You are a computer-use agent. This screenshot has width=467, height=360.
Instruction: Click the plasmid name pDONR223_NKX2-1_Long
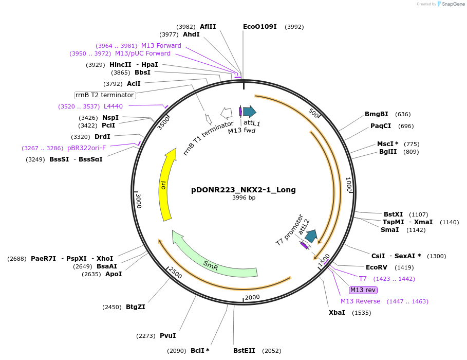243,190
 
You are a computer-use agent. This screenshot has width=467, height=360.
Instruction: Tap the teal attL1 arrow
250,112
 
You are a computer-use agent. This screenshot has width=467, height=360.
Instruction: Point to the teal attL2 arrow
311,236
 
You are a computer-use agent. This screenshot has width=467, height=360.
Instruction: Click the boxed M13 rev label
363,290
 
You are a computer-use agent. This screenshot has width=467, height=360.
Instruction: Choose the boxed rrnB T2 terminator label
105,95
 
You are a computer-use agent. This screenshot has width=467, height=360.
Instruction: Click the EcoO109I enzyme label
259,27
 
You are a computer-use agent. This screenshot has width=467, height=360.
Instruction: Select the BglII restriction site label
388,152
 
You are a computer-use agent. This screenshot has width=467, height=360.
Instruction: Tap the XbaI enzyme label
337,312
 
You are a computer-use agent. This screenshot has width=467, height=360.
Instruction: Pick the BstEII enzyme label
244,351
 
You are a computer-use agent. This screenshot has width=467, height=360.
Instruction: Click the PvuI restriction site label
168,336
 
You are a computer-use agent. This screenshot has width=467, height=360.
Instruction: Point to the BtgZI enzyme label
136,307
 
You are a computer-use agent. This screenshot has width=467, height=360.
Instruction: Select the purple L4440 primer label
113,106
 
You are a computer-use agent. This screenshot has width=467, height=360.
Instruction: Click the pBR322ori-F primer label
86,148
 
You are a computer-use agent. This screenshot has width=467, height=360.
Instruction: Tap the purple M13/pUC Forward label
143,53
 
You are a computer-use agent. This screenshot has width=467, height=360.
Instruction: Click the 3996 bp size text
244,197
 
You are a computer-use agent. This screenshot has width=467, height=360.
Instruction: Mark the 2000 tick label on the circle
252,297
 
